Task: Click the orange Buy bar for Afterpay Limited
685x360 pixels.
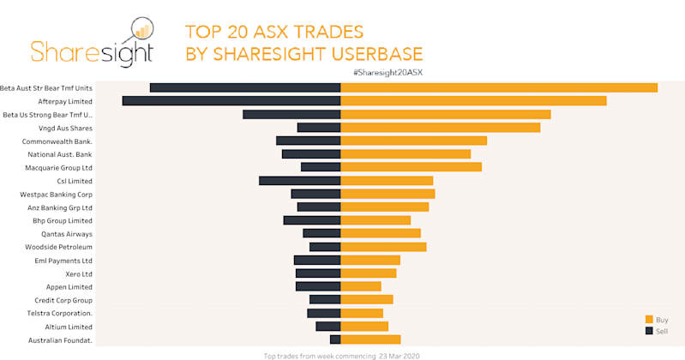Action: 473,101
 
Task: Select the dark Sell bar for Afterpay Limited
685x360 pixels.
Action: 231,101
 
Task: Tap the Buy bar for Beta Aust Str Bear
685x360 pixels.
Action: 499,87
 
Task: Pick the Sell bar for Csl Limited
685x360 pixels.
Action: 300,181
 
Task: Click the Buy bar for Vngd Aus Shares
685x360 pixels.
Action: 441,128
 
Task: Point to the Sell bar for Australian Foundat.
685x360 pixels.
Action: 335,339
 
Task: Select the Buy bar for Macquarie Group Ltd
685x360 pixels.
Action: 412,167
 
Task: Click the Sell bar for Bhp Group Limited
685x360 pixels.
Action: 312,220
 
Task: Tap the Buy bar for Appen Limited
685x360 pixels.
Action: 361,286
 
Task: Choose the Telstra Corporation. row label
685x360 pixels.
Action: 58,314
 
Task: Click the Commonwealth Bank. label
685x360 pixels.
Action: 57,141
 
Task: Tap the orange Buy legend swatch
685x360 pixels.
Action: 649,319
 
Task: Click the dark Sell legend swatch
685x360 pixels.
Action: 649,330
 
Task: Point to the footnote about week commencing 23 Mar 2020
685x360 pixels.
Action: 341,355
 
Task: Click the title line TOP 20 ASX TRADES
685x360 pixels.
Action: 274,33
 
